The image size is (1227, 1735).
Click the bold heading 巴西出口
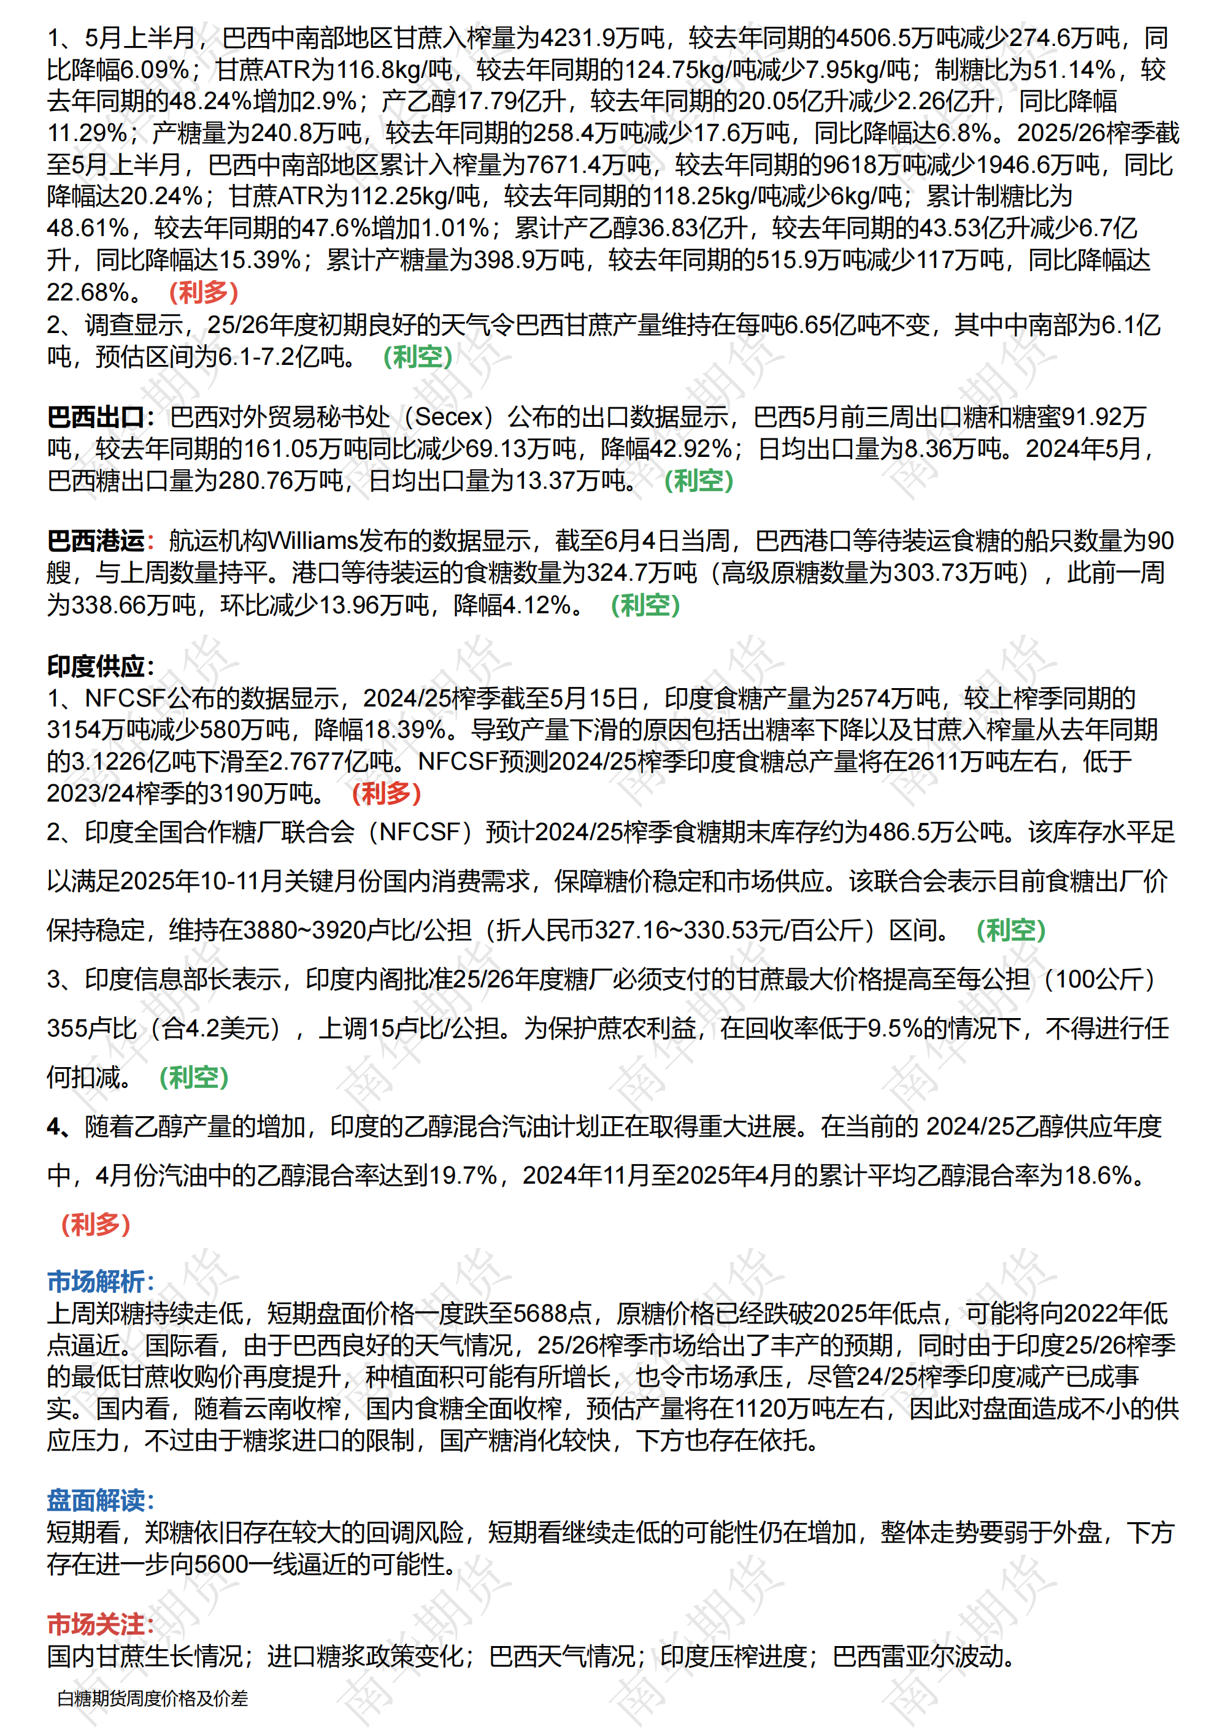pos(96,417)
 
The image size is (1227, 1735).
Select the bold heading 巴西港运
pos(96,541)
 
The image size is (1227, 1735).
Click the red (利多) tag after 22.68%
pos(203,293)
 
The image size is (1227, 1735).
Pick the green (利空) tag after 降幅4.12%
pos(645,605)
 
